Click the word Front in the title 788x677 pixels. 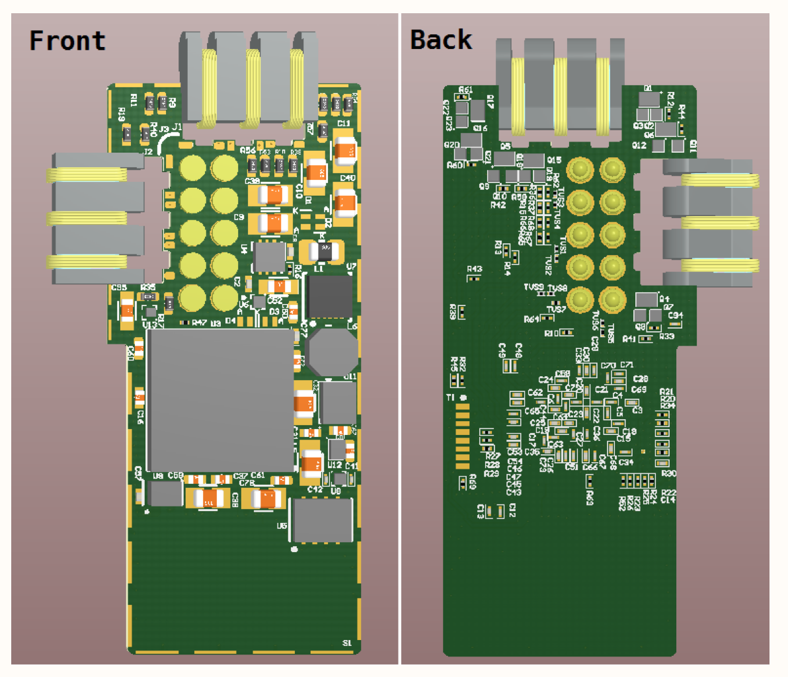pos(67,41)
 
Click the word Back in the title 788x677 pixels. pos(441,40)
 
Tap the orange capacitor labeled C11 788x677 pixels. pos(344,151)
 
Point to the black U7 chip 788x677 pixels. pos(330,297)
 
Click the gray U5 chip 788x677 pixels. pos(323,520)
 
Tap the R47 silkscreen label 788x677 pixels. pos(199,323)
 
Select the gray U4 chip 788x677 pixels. pos(270,257)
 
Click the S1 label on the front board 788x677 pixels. pos(347,643)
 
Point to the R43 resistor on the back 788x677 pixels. pos(473,278)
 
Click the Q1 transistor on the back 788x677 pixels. pos(649,99)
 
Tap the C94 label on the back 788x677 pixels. pos(675,315)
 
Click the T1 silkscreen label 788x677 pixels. pos(450,397)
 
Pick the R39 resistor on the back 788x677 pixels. pos(463,311)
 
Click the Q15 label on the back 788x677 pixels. pos(554,160)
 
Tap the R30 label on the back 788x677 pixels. pos(668,474)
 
